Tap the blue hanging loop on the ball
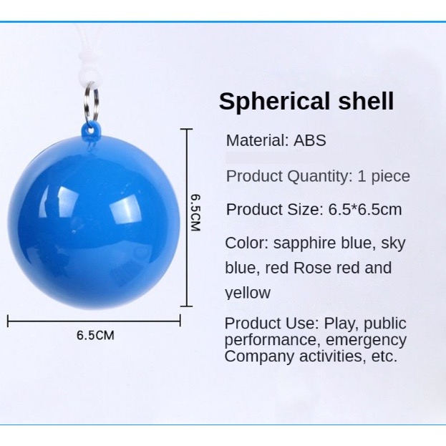(x=91, y=130)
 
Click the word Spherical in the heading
(x=274, y=102)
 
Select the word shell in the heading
(x=366, y=101)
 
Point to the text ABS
(x=310, y=140)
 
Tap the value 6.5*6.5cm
(x=365, y=210)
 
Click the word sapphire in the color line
(x=304, y=244)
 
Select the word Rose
(x=311, y=268)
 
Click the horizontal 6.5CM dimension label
(x=95, y=335)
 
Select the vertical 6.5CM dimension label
(x=195, y=213)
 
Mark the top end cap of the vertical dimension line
(x=187, y=129)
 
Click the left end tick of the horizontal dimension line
(x=8, y=321)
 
